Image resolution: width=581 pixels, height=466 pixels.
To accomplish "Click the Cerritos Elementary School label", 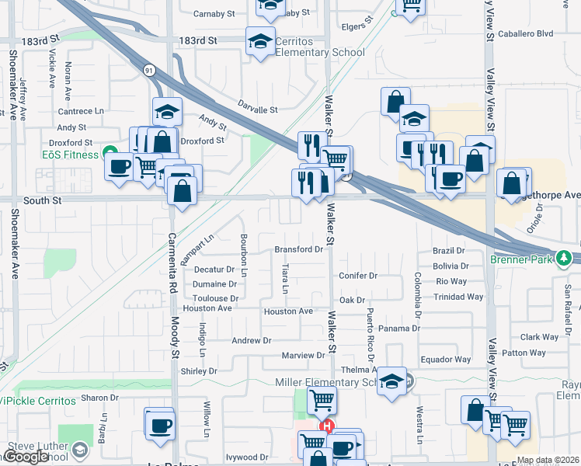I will point(319,47).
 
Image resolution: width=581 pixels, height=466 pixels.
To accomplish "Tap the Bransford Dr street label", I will point(298,249).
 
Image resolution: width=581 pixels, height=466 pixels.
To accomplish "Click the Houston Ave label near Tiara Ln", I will point(288,311).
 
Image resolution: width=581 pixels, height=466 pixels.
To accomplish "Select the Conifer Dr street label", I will point(357,275).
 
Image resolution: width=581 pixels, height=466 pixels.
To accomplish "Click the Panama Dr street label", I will point(400,328).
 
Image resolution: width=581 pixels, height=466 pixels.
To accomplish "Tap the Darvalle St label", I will point(257,110).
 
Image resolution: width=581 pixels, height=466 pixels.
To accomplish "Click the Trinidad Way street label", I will point(459,297).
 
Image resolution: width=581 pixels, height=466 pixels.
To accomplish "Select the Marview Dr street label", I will point(303,355).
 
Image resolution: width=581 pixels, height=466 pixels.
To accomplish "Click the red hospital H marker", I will point(327,426).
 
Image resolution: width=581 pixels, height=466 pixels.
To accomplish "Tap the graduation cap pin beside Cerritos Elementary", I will point(260,40).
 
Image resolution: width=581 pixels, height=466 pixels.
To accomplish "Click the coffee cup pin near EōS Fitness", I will point(119,166).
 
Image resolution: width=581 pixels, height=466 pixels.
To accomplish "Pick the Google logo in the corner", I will point(26,457).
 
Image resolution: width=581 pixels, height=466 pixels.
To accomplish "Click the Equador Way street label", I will point(445,360).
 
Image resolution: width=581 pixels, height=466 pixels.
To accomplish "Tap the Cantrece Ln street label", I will point(81,111).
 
